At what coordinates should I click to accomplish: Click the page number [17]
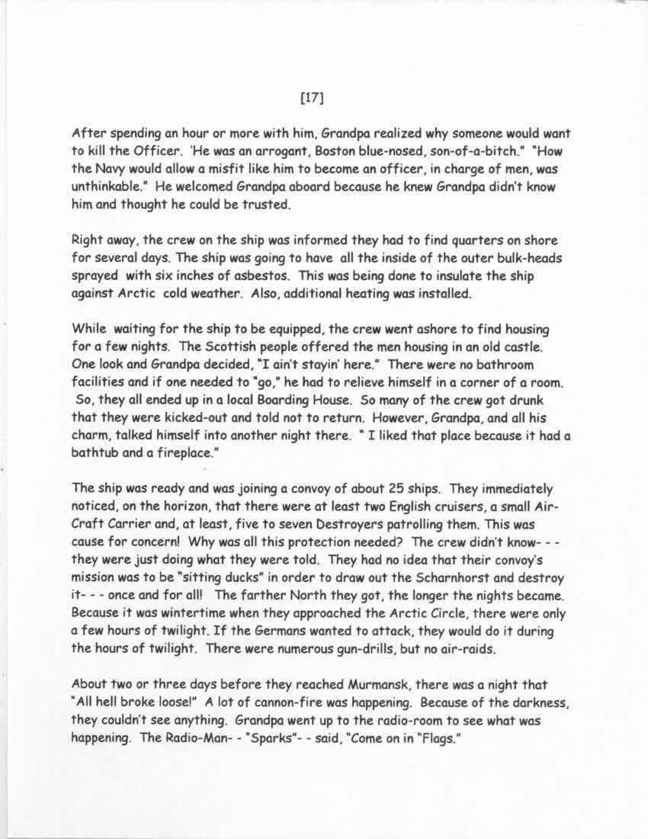click(313, 97)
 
